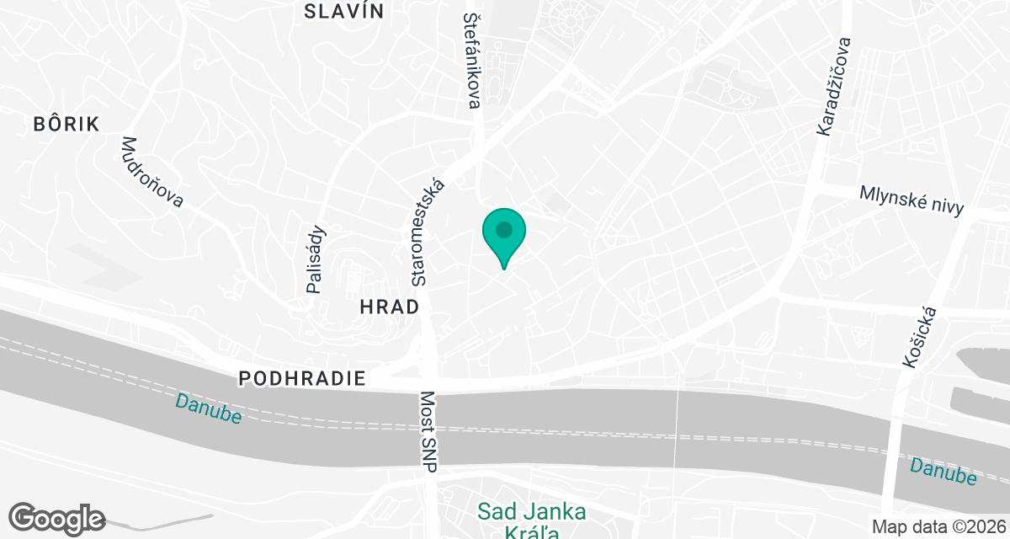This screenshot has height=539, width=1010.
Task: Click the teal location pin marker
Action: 503,237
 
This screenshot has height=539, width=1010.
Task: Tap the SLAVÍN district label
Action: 343,11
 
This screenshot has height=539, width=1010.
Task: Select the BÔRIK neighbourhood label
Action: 66,125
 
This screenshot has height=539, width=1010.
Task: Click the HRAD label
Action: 389,307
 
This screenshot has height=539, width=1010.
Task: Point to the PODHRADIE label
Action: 302,379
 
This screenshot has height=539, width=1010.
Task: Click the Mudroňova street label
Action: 152,172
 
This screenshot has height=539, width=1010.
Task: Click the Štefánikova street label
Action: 472,59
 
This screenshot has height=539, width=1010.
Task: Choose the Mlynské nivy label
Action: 912,200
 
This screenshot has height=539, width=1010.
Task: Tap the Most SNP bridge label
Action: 428,431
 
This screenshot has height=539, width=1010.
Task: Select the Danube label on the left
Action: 209,408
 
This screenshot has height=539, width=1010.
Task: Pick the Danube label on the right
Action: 944,471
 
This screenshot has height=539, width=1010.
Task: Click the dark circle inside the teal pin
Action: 503,229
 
